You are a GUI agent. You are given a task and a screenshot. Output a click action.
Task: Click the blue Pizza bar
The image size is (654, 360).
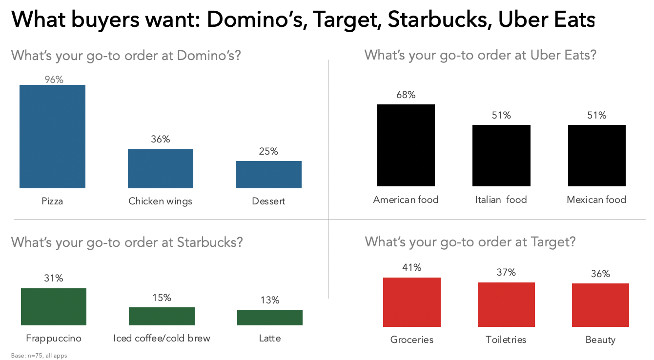tap(52, 137)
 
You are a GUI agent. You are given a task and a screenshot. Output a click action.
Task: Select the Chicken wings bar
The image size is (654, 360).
tap(160, 169)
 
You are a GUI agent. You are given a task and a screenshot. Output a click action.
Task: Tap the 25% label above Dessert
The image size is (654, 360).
tap(268, 152)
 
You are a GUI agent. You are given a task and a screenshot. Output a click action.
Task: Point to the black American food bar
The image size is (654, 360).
tap(406, 145)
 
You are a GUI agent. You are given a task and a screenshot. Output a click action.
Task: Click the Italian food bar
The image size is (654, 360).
tap(501, 156)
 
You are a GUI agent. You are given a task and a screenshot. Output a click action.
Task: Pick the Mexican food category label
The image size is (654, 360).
tap(596, 200)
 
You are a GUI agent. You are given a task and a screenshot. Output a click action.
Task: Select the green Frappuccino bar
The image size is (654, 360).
tap(54, 307)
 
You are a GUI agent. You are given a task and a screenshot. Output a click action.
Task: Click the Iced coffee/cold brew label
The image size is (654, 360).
tap(162, 338)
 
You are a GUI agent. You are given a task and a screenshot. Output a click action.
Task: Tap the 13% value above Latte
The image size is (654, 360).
tap(269, 300)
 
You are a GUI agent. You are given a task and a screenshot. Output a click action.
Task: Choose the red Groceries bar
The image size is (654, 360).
tap(411, 302)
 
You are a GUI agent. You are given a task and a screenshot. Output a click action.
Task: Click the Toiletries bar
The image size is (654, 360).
tap(506, 304)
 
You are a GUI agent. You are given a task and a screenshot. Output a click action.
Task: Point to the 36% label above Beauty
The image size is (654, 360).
tap(600, 274)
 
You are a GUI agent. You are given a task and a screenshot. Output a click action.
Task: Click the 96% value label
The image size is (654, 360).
tap(54, 80)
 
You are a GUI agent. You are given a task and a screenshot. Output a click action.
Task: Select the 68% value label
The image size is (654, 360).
tap(406, 95)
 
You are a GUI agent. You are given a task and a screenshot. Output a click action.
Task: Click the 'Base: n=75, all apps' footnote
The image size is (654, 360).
tap(39, 356)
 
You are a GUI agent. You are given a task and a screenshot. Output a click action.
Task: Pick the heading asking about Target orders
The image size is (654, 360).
tap(470, 241)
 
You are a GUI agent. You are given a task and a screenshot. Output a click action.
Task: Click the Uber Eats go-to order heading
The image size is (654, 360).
tap(480, 55)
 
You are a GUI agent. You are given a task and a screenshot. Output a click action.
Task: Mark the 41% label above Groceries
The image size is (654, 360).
tap(411, 267)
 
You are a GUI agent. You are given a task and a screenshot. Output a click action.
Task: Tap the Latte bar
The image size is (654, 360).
tap(269, 318)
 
